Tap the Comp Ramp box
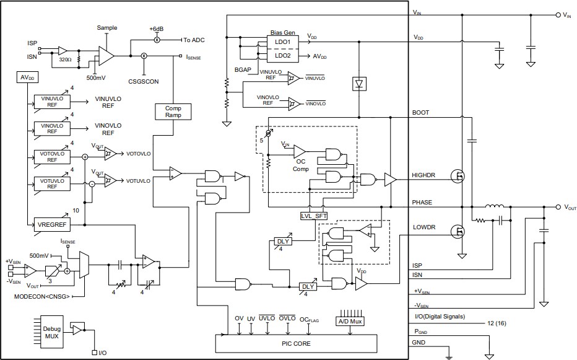coord(173,112)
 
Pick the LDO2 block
coord(282,56)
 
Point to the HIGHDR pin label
coord(424,175)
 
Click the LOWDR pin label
coord(423,227)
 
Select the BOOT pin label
coord(421,113)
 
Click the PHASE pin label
coord(422,203)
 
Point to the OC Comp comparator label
coord(300,165)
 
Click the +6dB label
coord(157,29)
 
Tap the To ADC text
coord(194,40)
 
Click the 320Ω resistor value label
coord(65,61)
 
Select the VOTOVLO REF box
coord(52,156)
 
